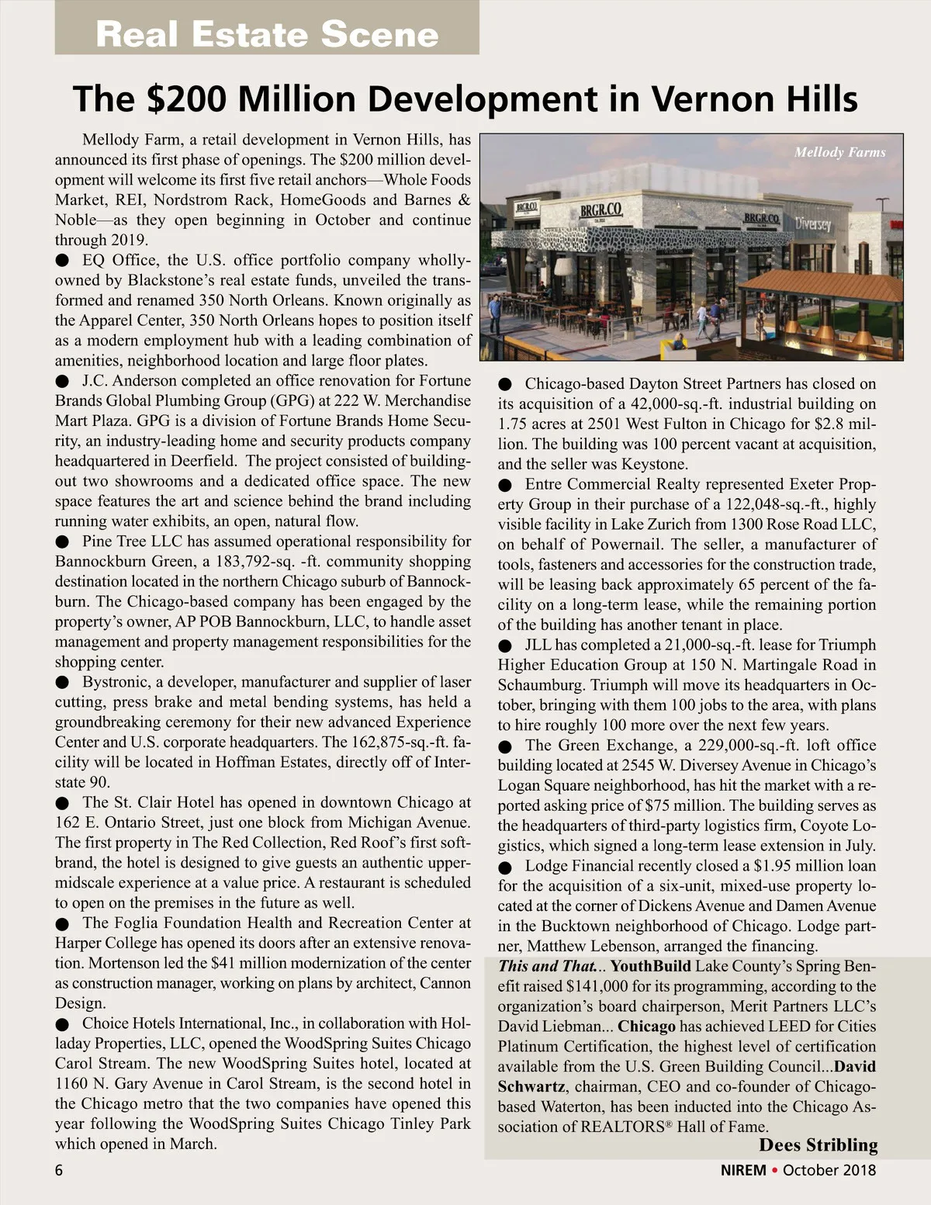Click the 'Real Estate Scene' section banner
(x=267, y=34)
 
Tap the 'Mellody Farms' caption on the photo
(x=839, y=152)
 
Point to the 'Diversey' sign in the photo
(x=812, y=224)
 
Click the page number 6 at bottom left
(x=59, y=1170)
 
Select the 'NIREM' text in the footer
(x=743, y=1170)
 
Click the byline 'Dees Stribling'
(x=818, y=1145)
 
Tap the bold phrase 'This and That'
(x=547, y=967)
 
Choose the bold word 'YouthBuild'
(x=650, y=967)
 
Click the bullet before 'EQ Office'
(x=63, y=261)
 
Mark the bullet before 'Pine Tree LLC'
(x=63, y=542)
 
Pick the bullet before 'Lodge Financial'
(x=506, y=867)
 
